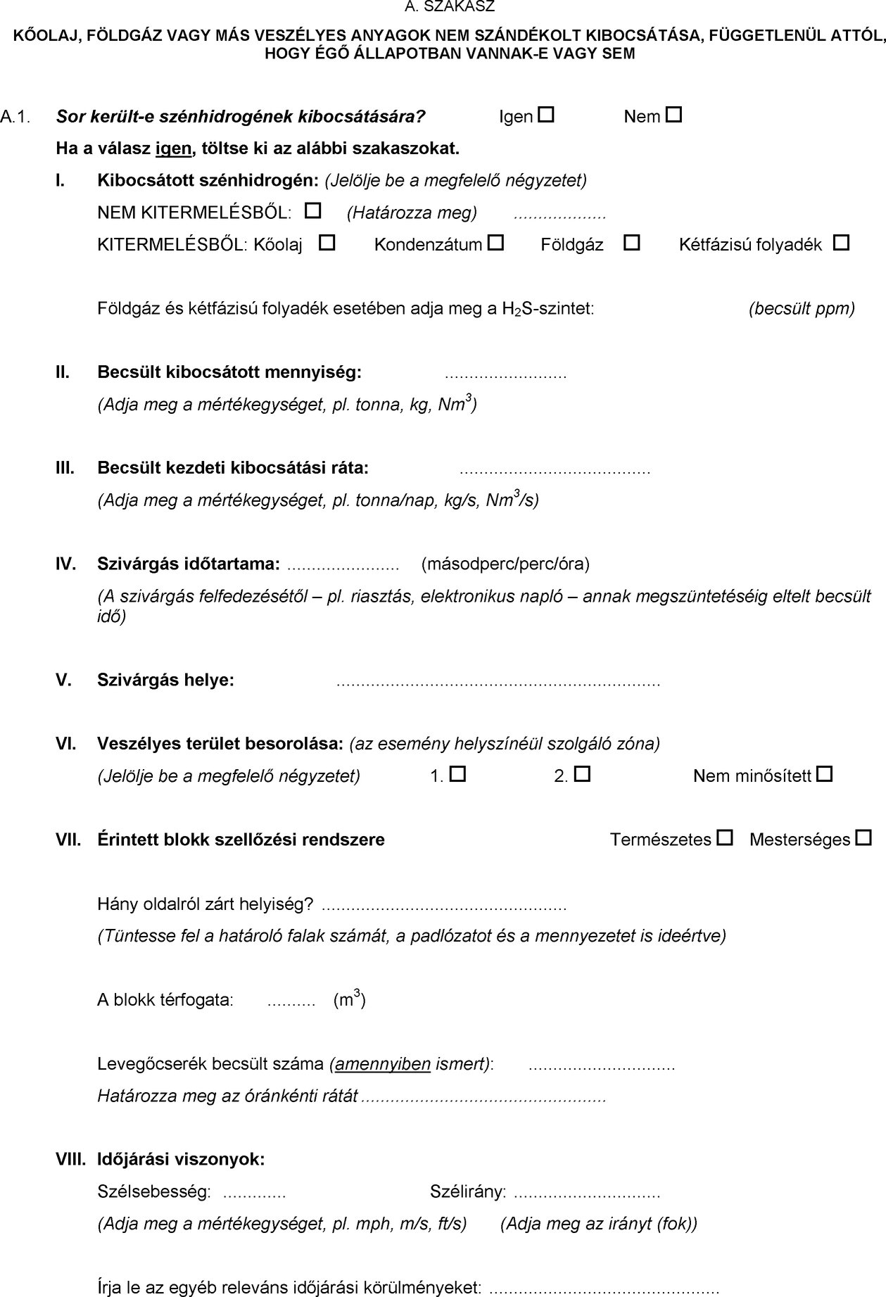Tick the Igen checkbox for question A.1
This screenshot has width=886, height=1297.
coord(547,115)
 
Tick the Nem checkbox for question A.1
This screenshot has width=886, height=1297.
coord(673,115)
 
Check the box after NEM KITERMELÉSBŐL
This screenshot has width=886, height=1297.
coord(314,210)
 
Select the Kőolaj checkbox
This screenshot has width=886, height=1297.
coord(327,243)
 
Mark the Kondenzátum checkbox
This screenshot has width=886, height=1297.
coord(496,243)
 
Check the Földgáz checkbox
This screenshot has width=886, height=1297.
coord(632,243)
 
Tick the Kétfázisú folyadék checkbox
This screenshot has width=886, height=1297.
coord(841,243)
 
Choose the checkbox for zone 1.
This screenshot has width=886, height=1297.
coord(458,775)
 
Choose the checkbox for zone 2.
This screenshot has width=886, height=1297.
coord(582,775)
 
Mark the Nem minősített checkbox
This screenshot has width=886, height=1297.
coord(825,775)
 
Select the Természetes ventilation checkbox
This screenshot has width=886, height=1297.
coord(725,838)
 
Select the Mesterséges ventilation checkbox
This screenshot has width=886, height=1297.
coord(863,838)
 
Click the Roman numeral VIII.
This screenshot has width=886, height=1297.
coord(70,1159)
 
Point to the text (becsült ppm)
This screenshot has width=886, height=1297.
coord(802,308)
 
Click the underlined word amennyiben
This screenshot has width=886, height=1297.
coord(383,1063)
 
